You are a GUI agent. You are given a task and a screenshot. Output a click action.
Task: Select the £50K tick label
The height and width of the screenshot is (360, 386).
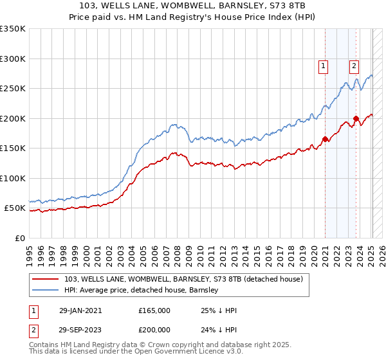pos(15,208)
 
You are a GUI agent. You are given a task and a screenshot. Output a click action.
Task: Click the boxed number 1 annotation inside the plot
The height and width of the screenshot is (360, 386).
pos(323,65)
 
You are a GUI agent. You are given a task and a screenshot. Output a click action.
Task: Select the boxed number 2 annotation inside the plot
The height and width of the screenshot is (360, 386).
pos(354,65)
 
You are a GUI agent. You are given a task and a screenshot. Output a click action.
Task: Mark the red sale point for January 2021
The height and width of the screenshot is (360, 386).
pos(325,139)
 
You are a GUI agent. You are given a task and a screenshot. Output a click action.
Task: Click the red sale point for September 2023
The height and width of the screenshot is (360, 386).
pos(356,118)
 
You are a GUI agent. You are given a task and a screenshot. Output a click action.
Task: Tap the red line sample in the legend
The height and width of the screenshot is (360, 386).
pos(47,278)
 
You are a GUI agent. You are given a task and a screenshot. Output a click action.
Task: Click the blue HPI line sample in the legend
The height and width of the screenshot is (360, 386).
pos(47,290)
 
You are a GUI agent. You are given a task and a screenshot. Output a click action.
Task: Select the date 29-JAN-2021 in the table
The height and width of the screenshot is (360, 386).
pos(80,310)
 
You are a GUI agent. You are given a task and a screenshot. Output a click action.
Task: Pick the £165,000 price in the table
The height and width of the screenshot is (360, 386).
pos(154,310)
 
